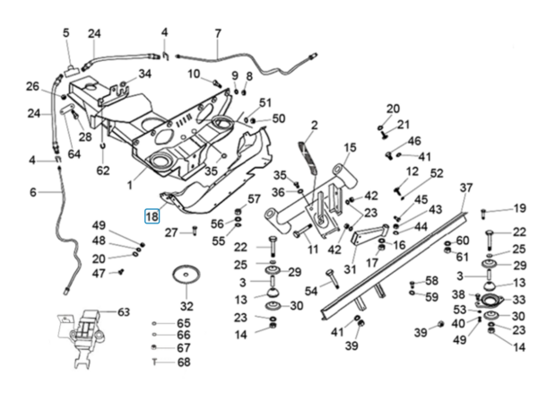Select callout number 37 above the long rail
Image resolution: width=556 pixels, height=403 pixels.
[x=465, y=188]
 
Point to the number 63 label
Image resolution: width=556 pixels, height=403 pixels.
[x=124, y=312]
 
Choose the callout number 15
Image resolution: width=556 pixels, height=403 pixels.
[x=349, y=147]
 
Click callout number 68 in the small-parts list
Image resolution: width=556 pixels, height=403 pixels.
[x=184, y=362]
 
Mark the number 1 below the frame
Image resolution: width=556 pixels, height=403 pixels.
[x=129, y=185]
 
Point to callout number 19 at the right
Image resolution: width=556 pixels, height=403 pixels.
[x=519, y=208]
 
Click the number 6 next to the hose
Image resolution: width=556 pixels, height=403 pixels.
[x=33, y=191]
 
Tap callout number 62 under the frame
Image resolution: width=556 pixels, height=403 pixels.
[x=103, y=170]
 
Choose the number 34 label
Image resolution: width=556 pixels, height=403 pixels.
[x=145, y=74]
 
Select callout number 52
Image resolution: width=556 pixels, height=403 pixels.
[x=437, y=173]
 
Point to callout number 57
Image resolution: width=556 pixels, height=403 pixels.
[x=254, y=198]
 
